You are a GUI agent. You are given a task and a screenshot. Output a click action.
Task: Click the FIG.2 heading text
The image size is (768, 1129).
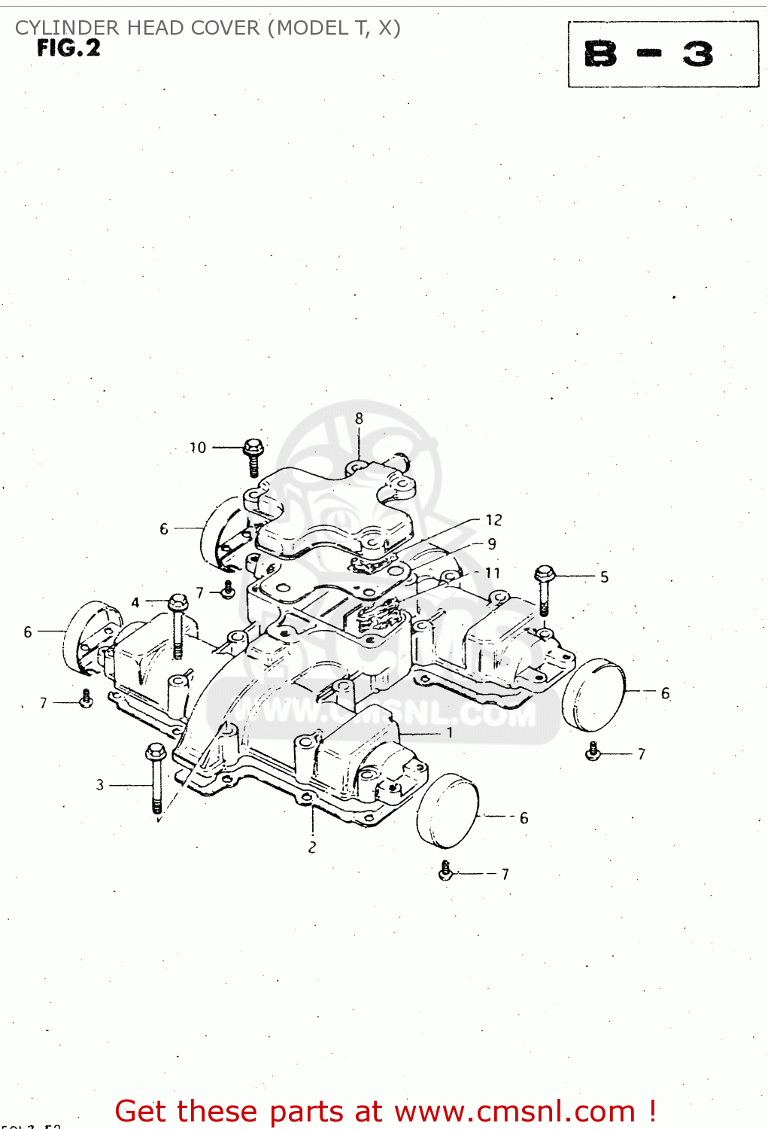68,49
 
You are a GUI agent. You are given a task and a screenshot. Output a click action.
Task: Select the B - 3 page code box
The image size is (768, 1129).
663,54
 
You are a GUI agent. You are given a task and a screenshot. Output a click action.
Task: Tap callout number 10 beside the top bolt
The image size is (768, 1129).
198,448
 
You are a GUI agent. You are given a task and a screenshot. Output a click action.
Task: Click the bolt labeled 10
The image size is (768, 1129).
253,456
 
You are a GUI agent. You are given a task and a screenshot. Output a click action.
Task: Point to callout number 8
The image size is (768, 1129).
359,418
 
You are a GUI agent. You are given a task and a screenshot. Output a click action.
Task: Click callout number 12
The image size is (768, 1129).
493,520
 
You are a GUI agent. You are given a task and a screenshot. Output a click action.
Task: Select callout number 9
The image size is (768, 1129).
492,543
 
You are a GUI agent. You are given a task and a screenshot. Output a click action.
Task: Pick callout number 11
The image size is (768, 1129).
493,573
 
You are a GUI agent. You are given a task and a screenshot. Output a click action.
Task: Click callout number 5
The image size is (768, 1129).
604,577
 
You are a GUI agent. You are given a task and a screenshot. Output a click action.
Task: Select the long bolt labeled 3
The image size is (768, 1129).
156,777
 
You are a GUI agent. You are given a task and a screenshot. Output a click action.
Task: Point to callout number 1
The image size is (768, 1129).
450,732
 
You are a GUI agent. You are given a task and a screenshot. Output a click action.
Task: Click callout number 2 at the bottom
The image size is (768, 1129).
312,848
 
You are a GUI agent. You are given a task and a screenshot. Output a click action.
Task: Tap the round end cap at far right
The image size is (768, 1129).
593,695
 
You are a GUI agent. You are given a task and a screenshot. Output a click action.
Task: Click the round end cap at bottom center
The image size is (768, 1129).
448,811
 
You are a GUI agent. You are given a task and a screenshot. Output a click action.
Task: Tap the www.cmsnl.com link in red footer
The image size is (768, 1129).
515,1112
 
